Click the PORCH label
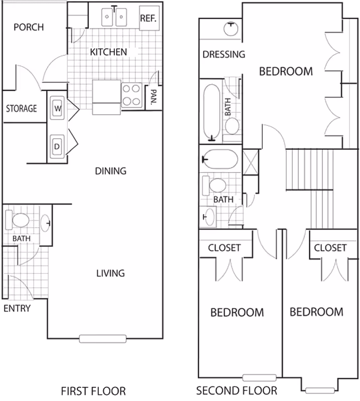[29, 27]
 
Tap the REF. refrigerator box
[149, 18]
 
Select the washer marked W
[57, 108]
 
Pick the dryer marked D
[57, 146]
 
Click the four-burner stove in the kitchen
[131, 95]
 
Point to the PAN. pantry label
[153, 97]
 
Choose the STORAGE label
[22, 108]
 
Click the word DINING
[110, 171]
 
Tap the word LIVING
[110, 273]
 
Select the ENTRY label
[17, 308]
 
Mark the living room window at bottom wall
[103, 339]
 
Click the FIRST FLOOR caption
[93, 391]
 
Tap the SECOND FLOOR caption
[237, 390]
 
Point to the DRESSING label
[224, 54]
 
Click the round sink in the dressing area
[231, 29]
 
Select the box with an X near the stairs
[251, 162]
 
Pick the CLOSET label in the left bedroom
[225, 248]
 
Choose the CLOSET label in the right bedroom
[330, 248]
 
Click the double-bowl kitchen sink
[114, 17]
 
